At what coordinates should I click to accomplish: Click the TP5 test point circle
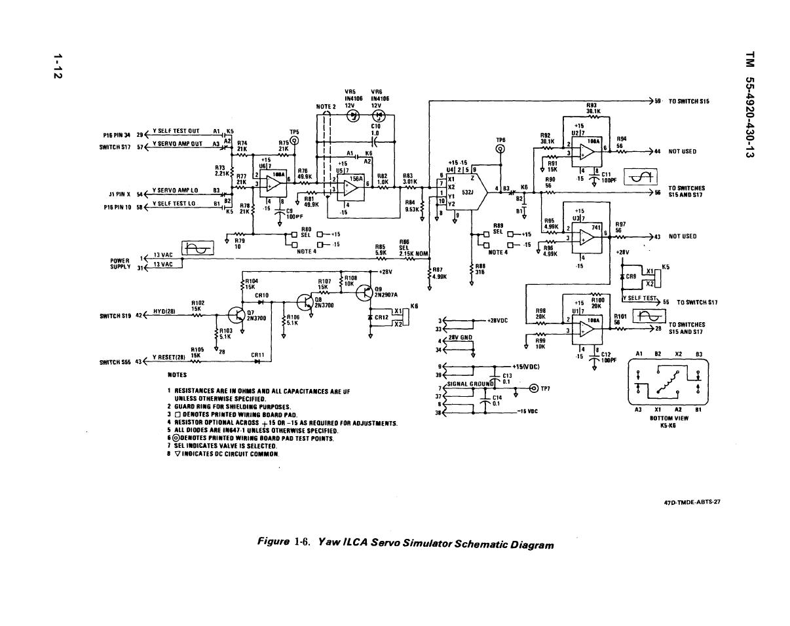tap(295, 140)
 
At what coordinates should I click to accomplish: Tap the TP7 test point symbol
tap(533, 389)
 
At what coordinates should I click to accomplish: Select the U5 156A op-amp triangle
tap(351, 187)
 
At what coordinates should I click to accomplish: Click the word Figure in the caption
tap(274, 542)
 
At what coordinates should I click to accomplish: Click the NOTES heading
tap(177, 375)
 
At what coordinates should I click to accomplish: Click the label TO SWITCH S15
tap(688, 101)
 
